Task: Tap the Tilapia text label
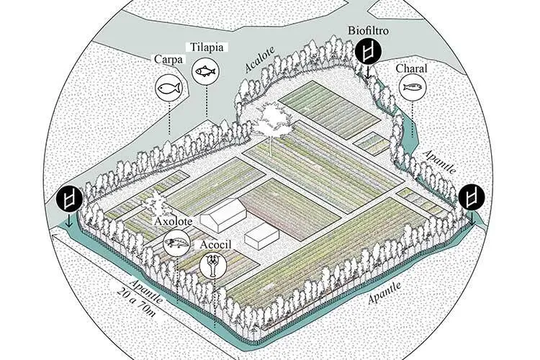(207, 48)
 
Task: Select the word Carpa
(168, 59)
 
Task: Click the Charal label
(411, 68)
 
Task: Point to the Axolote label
(173, 221)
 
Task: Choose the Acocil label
(215, 244)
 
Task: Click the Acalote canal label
(260, 59)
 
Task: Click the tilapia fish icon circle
(205, 71)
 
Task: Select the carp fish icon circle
(169, 88)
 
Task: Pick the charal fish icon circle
(413, 87)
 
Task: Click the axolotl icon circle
(176, 243)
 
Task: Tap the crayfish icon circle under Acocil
(213, 266)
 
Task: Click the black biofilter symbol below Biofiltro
(369, 52)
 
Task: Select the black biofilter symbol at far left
(69, 199)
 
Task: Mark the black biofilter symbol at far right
(472, 197)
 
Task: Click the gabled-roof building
(223, 215)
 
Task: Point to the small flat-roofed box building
(262, 235)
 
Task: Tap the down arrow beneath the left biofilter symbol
(68, 220)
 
